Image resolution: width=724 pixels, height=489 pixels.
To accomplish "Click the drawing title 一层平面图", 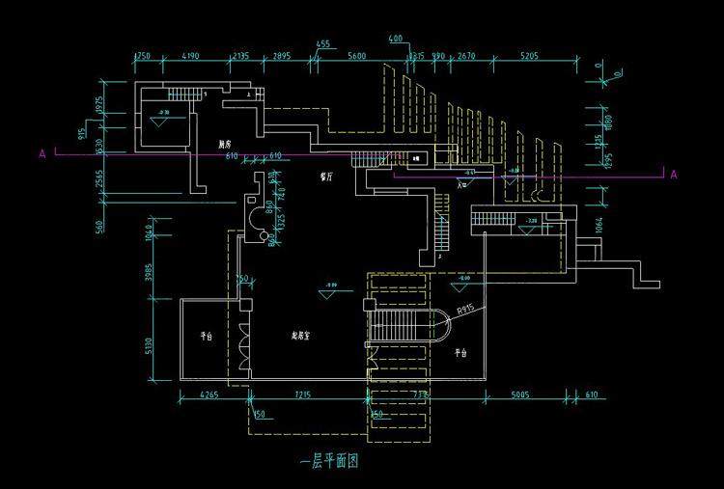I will point(329,462).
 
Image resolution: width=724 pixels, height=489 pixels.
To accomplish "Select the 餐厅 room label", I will point(328,178).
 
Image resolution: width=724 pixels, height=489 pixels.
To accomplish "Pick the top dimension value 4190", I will point(190,57).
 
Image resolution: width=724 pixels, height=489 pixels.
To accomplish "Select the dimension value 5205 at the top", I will point(529,57).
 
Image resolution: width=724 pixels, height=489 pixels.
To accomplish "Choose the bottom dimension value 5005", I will point(522,394).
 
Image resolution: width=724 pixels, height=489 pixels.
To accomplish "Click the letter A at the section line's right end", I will point(673,175).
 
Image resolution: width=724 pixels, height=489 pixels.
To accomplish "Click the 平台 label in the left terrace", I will point(206,338).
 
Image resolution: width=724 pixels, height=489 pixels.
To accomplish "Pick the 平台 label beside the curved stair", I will point(460,354).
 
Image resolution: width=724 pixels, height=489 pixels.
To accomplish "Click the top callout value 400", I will point(395,39).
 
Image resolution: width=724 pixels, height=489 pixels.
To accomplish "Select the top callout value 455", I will point(322,44).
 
